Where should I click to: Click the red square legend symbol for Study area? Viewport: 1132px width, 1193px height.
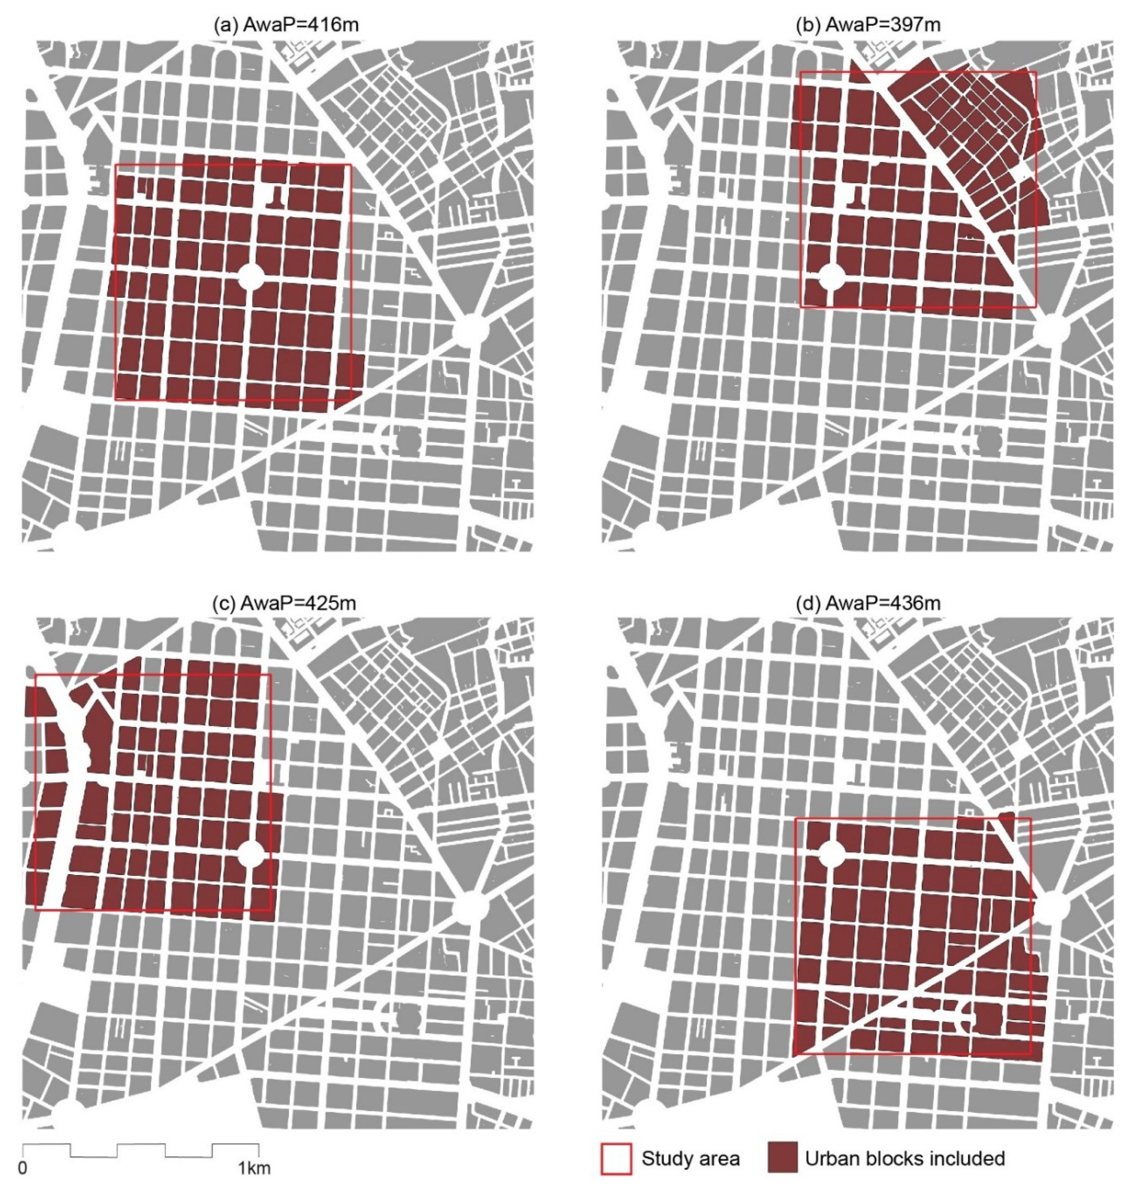(x=616, y=1158)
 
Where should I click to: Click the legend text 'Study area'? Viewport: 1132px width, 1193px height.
(x=690, y=1158)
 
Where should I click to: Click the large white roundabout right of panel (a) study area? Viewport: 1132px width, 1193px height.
(x=470, y=331)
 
